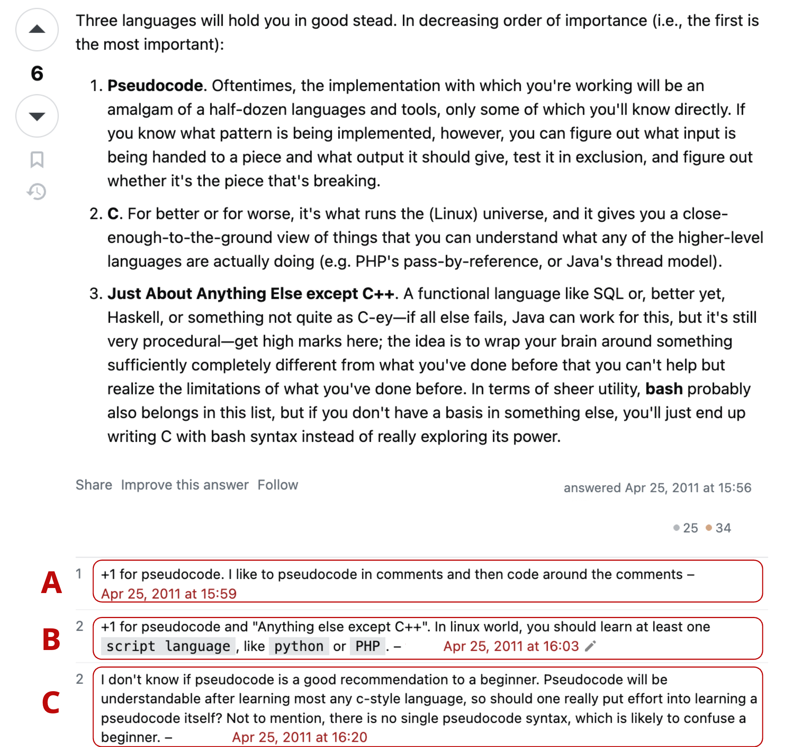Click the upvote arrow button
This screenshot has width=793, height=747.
point(37,30)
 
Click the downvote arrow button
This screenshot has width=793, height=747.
point(37,116)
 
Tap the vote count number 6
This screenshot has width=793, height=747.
point(37,74)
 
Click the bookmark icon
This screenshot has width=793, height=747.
point(37,160)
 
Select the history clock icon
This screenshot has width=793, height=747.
point(37,192)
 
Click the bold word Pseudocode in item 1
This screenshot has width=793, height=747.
point(155,86)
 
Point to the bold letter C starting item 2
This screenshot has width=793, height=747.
point(113,214)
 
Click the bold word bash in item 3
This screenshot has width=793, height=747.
point(664,389)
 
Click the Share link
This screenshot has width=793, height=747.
point(94,485)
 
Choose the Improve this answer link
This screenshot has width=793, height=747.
point(185,485)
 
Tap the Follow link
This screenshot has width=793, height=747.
point(278,485)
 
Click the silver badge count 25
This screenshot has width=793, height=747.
point(690,528)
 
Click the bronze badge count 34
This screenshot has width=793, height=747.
point(723,528)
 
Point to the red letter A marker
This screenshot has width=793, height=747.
point(52,583)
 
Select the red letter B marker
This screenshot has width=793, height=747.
point(52,639)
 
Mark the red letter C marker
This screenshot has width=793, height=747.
point(51,703)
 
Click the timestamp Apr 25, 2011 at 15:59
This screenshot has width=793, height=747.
point(169,594)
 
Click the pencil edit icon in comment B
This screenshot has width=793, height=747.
point(591,646)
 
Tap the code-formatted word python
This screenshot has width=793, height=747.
point(299,646)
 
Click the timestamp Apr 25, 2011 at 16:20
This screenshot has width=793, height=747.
point(299,737)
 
